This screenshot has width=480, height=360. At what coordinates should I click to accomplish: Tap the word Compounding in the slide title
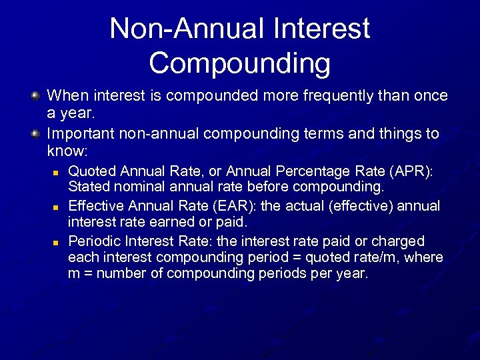(239, 63)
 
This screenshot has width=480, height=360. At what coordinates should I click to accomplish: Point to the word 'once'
(429, 96)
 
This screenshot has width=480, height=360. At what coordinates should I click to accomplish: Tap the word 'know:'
(67, 152)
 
